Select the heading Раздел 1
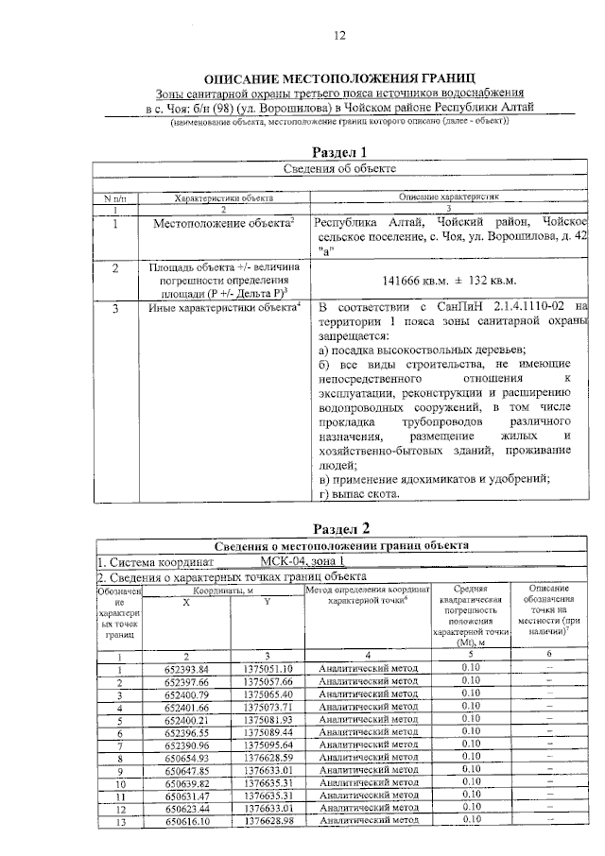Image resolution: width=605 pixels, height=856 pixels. pyautogui.click(x=339, y=151)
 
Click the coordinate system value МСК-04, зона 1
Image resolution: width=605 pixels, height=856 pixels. pyautogui.click(x=299, y=561)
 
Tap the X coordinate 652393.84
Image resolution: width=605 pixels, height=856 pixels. pyautogui.click(x=185, y=669)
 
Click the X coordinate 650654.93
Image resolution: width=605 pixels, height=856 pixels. pyautogui.click(x=185, y=757)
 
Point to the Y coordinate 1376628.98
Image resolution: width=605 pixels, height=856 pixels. pyautogui.click(x=268, y=821)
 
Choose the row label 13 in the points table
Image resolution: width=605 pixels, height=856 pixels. pyautogui.click(x=119, y=821)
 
